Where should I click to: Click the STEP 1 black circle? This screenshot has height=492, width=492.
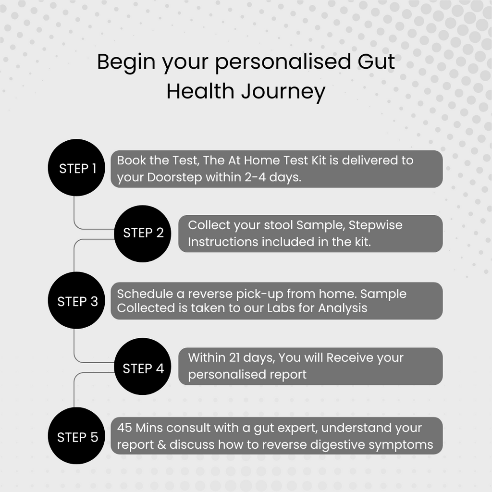(76, 168)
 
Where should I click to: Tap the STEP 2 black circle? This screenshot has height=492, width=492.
(143, 234)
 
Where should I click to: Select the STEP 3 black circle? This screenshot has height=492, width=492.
(76, 301)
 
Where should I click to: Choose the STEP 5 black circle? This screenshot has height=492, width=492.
(76, 436)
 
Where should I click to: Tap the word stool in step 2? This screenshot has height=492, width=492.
(275, 225)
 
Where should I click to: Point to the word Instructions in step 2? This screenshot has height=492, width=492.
(223, 242)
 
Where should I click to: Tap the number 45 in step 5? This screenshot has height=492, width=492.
(124, 428)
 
